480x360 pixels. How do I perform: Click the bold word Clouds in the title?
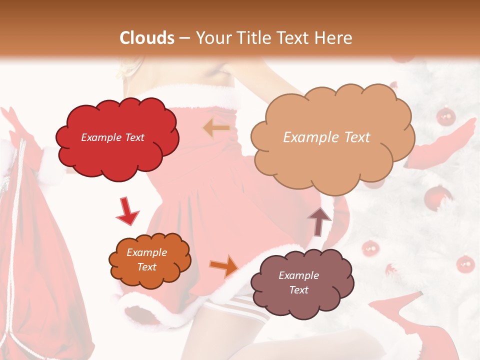(x=147, y=38)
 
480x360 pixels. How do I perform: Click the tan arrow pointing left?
(x=216, y=128)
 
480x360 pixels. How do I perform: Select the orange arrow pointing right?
(x=224, y=265)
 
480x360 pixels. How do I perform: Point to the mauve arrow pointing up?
(x=319, y=220)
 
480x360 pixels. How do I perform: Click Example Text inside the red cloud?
(x=113, y=137)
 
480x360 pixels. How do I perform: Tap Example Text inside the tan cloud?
(x=326, y=137)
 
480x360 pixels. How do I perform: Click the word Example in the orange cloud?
(x=146, y=253)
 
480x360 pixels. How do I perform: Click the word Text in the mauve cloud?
(x=298, y=290)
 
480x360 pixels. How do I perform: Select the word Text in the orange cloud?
(x=146, y=267)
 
